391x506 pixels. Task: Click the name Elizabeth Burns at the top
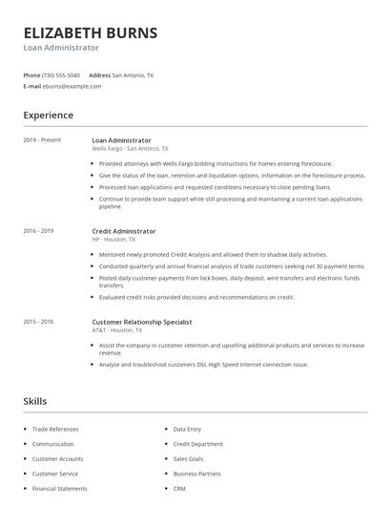click(91, 32)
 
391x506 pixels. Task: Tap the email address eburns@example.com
click(72, 86)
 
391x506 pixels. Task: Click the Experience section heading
click(48, 116)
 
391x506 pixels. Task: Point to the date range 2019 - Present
click(42, 140)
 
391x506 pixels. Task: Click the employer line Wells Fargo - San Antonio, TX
click(130, 149)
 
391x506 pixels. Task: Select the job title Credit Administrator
click(124, 231)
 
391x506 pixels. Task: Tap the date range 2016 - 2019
click(39, 231)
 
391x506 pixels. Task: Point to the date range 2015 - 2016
click(39, 322)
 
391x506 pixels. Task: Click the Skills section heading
click(34, 401)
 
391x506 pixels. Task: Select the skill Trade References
click(55, 430)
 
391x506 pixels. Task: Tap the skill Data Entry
click(187, 430)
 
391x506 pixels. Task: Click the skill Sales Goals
click(189, 458)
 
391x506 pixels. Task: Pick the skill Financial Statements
click(60, 488)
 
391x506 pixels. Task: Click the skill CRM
click(179, 488)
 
